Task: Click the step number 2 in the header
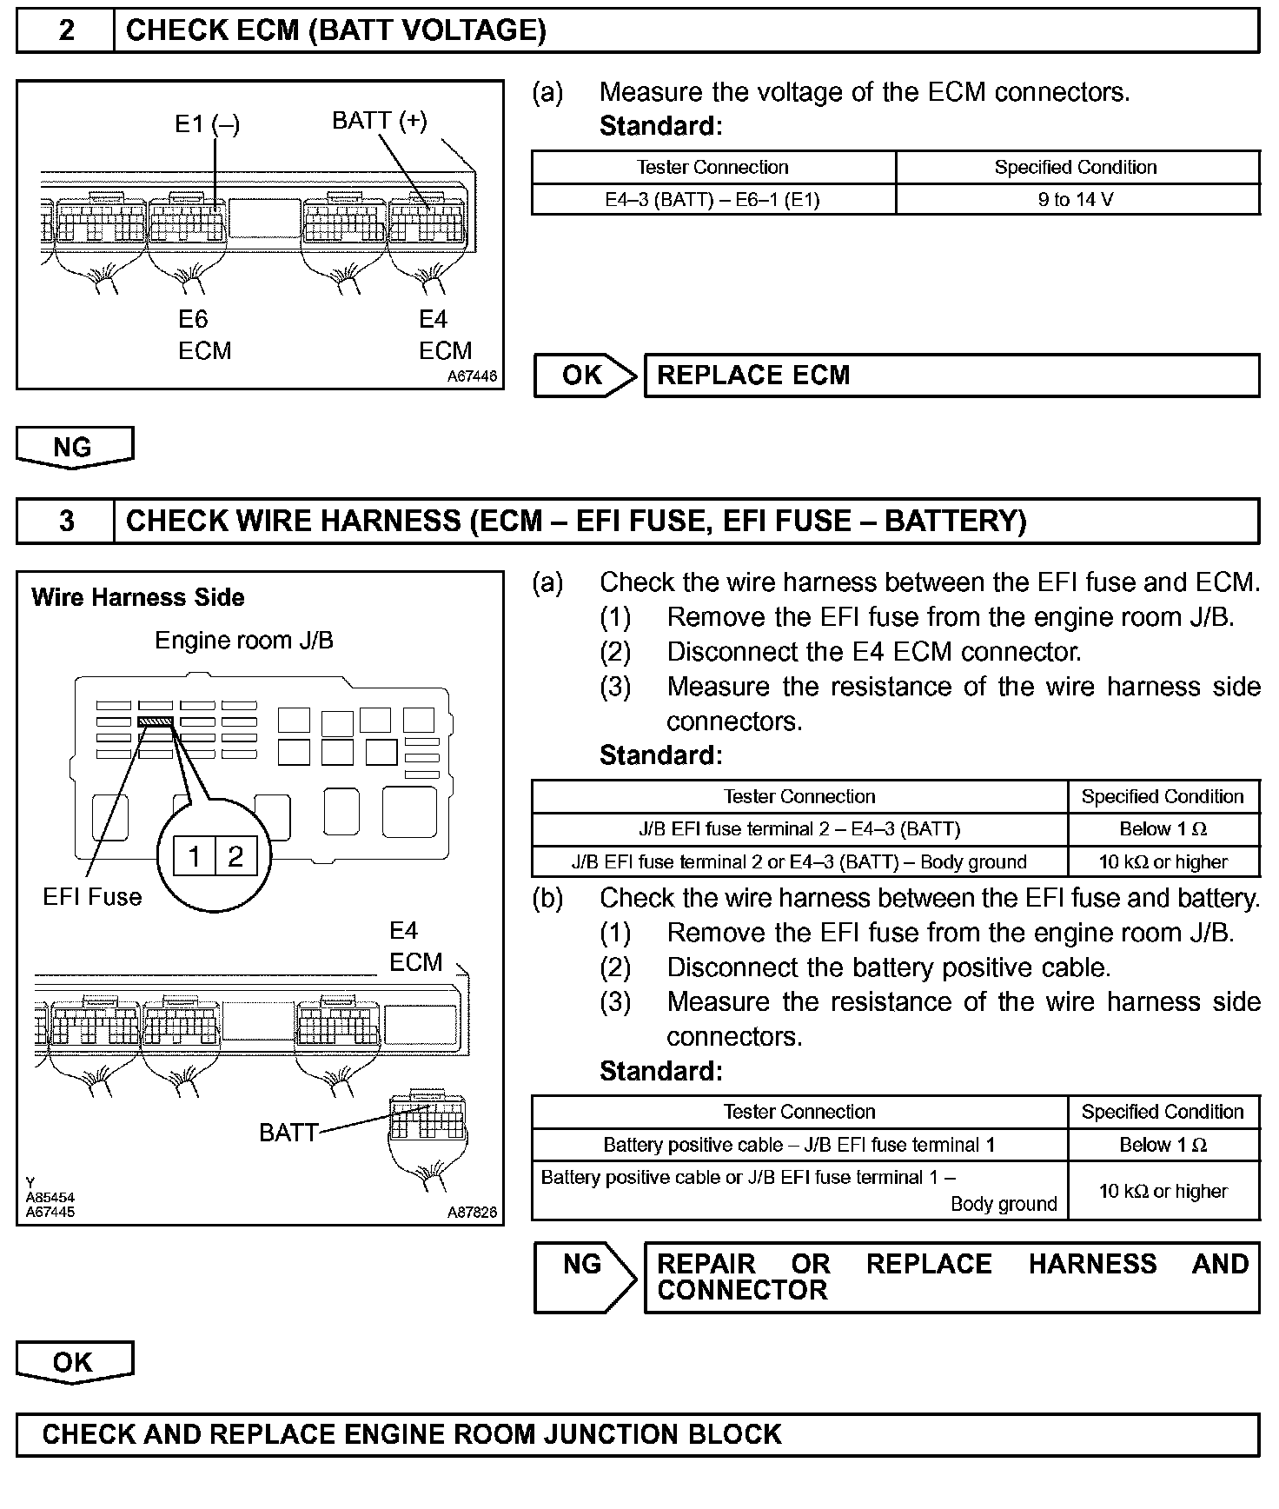(66, 30)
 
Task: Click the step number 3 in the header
(66, 521)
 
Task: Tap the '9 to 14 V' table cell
(1076, 200)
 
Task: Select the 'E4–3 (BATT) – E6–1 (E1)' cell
(712, 200)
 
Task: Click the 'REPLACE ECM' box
(951, 376)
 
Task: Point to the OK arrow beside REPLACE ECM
(585, 376)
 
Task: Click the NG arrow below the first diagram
(74, 447)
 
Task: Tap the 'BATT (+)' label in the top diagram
(380, 120)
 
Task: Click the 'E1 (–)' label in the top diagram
(207, 124)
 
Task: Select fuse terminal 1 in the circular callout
(194, 857)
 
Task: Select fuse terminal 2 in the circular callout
(235, 857)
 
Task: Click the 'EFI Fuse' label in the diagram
(92, 896)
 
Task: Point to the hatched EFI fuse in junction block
(156, 721)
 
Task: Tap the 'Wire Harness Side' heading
(138, 597)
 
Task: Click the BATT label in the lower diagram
(288, 1132)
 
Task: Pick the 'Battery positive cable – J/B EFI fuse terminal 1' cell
(799, 1145)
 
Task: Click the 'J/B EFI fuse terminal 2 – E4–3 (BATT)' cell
(799, 829)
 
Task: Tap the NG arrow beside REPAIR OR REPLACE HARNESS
(584, 1275)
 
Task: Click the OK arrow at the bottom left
(74, 1362)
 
